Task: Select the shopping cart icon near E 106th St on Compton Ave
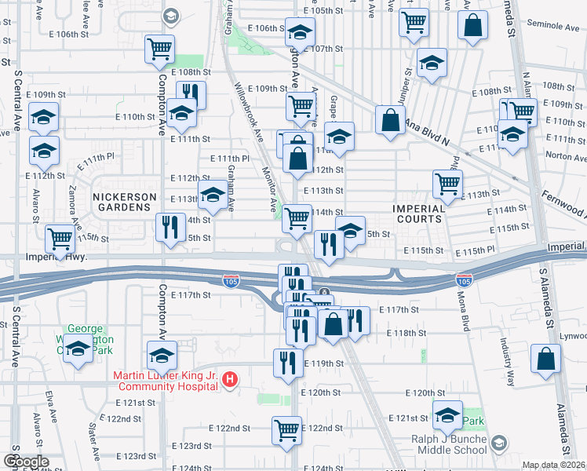coord(159,49)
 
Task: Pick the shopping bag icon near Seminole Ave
coord(474,26)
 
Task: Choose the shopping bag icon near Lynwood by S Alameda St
coord(545,358)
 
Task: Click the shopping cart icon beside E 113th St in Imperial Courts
coord(447,184)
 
